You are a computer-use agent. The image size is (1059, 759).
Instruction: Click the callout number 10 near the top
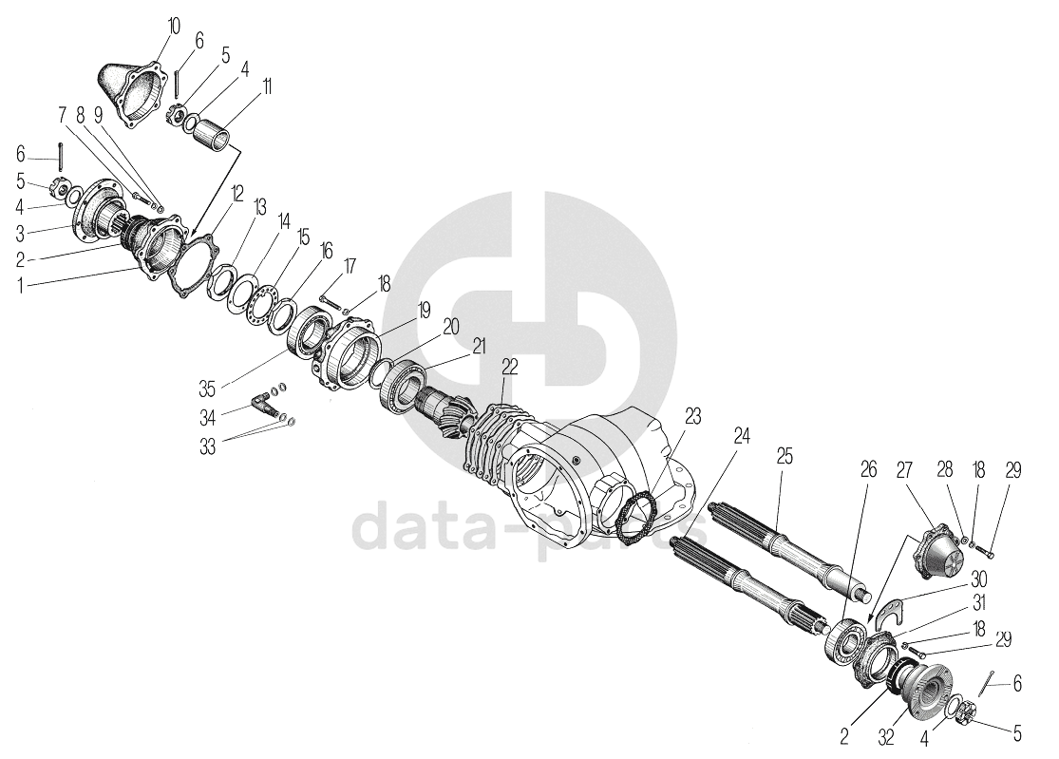point(173,27)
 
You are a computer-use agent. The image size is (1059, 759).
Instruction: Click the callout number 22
point(510,368)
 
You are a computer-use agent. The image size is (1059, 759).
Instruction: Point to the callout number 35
point(207,389)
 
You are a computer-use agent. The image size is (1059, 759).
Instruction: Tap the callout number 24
point(742,436)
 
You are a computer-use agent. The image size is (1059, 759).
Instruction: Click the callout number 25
point(785,457)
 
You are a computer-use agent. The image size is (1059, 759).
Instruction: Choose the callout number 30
point(978,579)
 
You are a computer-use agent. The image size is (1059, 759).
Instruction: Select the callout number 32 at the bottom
point(886,737)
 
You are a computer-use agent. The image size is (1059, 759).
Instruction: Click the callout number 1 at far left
point(20,286)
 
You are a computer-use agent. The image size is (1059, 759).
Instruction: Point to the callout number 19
point(424,311)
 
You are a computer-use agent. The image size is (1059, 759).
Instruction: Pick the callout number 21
point(479,347)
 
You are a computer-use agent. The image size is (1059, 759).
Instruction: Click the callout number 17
point(349,266)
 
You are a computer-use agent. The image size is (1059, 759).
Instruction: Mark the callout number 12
point(237,194)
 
